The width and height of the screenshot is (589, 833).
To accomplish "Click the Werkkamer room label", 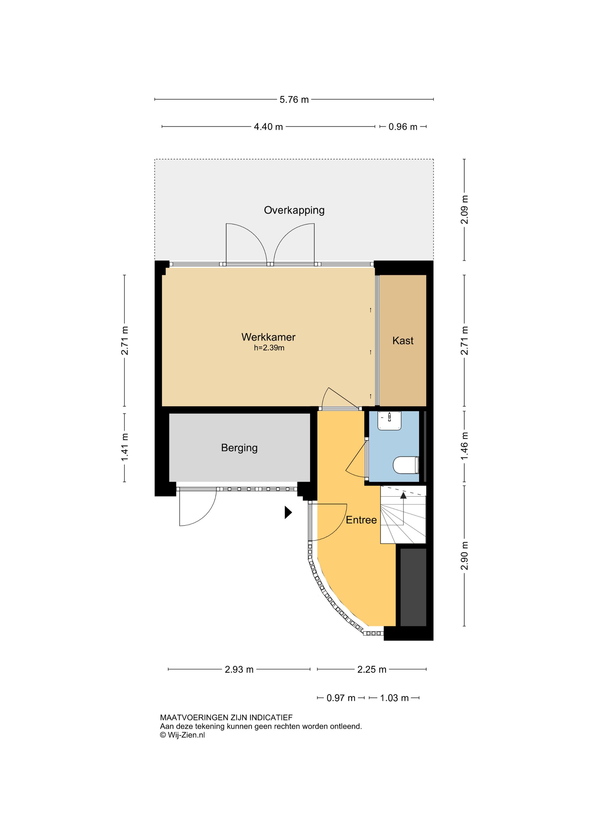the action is [268, 337].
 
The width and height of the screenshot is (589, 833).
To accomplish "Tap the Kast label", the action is [403, 341].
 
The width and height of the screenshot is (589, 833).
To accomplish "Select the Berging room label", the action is [239, 448].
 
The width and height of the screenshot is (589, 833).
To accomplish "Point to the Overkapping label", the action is [294, 210].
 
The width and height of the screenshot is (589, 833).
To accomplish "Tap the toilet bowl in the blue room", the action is [406, 465].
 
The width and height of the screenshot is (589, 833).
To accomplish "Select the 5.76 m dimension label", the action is [294, 99].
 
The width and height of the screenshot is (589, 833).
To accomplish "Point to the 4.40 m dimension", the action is [268, 127].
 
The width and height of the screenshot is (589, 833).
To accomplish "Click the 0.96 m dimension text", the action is [403, 127].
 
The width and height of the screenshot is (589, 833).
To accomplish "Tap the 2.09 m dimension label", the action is [465, 210].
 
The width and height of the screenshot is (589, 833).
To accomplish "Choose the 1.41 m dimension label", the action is [125, 447].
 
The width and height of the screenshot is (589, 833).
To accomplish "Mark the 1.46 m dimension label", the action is [465, 446].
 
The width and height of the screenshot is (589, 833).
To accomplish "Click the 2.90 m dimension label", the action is [465, 555].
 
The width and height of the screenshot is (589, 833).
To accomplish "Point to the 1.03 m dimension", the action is [394, 698].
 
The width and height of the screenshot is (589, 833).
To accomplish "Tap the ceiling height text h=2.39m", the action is [269, 348].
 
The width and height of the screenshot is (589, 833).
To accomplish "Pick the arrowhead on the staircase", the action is [403, 496].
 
